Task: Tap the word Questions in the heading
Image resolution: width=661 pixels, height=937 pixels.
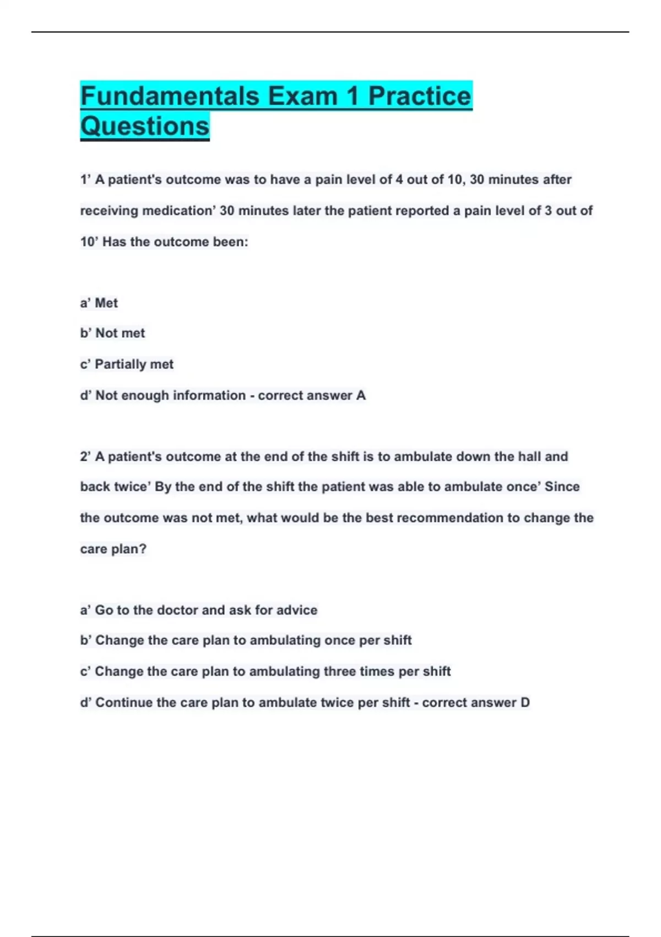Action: coord(145,126)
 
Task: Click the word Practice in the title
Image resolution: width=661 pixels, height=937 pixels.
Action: coord(420,96)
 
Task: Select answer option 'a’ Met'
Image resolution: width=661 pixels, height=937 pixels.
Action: coord(99,303)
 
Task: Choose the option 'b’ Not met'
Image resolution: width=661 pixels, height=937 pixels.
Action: coord(112,333)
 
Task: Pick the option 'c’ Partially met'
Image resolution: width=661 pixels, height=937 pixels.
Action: coord(127,364)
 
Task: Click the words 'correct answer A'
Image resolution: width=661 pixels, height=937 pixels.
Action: coord(312,396)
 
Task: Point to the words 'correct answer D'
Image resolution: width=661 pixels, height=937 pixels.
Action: coord(476,703)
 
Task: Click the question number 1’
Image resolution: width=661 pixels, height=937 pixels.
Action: coord(85,180)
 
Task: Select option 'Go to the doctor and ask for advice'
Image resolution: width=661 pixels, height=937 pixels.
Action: coord(206,610)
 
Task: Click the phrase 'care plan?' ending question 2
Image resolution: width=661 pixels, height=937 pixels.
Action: coord(113,549)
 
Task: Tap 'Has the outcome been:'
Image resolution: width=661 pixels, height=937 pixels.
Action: coord(175,242)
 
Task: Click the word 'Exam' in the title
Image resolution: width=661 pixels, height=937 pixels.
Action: coord(302,96)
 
